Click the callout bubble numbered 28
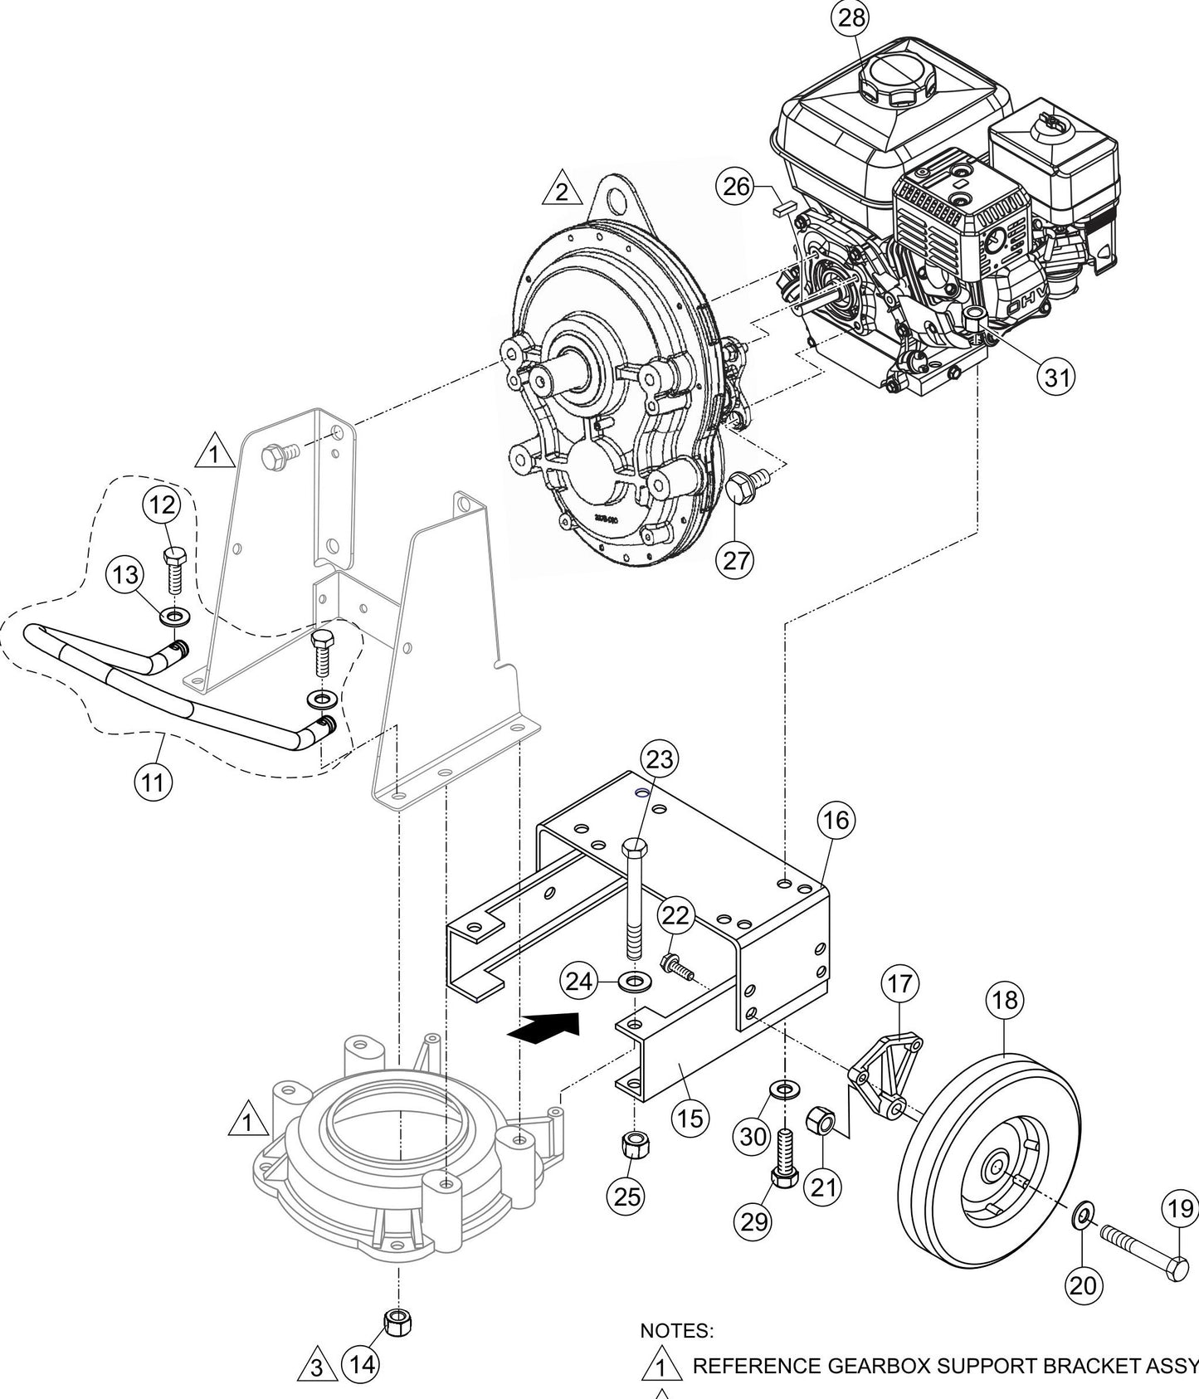[x=851, y=18]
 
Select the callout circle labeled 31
[x=1056, y=378]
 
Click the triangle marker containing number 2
[x=562, y=193]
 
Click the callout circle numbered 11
[x=154, y=782]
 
